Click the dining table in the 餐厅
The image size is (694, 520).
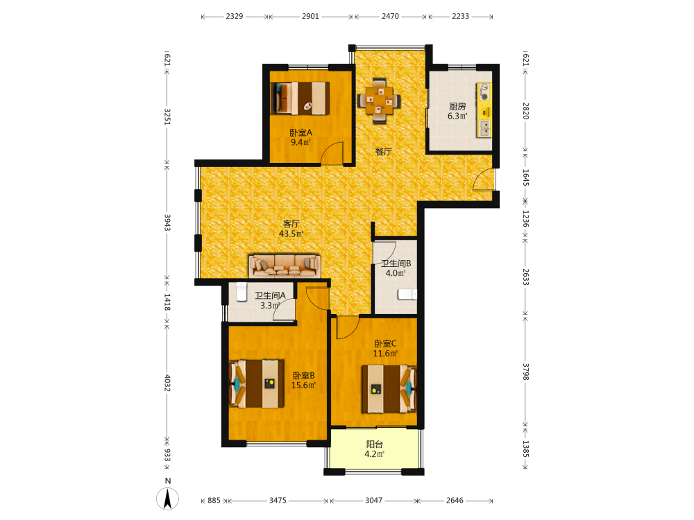click(x=379, y=101)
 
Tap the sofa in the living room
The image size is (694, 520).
click(x=284, y=266)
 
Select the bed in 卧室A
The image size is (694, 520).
click(x=301, y=98)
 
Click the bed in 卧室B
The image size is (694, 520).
click(x=257, y=384)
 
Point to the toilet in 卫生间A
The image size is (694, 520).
click(x=242, y=292)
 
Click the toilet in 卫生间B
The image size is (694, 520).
click(x=407, y=294)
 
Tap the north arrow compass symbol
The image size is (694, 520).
click(x=168, y=499)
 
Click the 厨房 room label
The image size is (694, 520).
click(x=457, y=107)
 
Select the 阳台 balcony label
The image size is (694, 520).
click(x=375, y=444)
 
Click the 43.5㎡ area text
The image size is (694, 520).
click(x=291, y=234)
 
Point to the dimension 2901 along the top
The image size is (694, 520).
click(x=310, y=17)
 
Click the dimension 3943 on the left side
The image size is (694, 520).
click(x=167, y=223)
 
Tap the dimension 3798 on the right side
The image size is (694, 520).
click(x=525, y=372)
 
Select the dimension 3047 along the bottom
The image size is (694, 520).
click(x=373, y=500)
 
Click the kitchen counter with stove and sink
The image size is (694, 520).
click(x=484, y=110)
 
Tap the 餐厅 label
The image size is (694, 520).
click(x=383, y=152)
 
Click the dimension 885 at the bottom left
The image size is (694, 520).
click(x=214, y=500)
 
